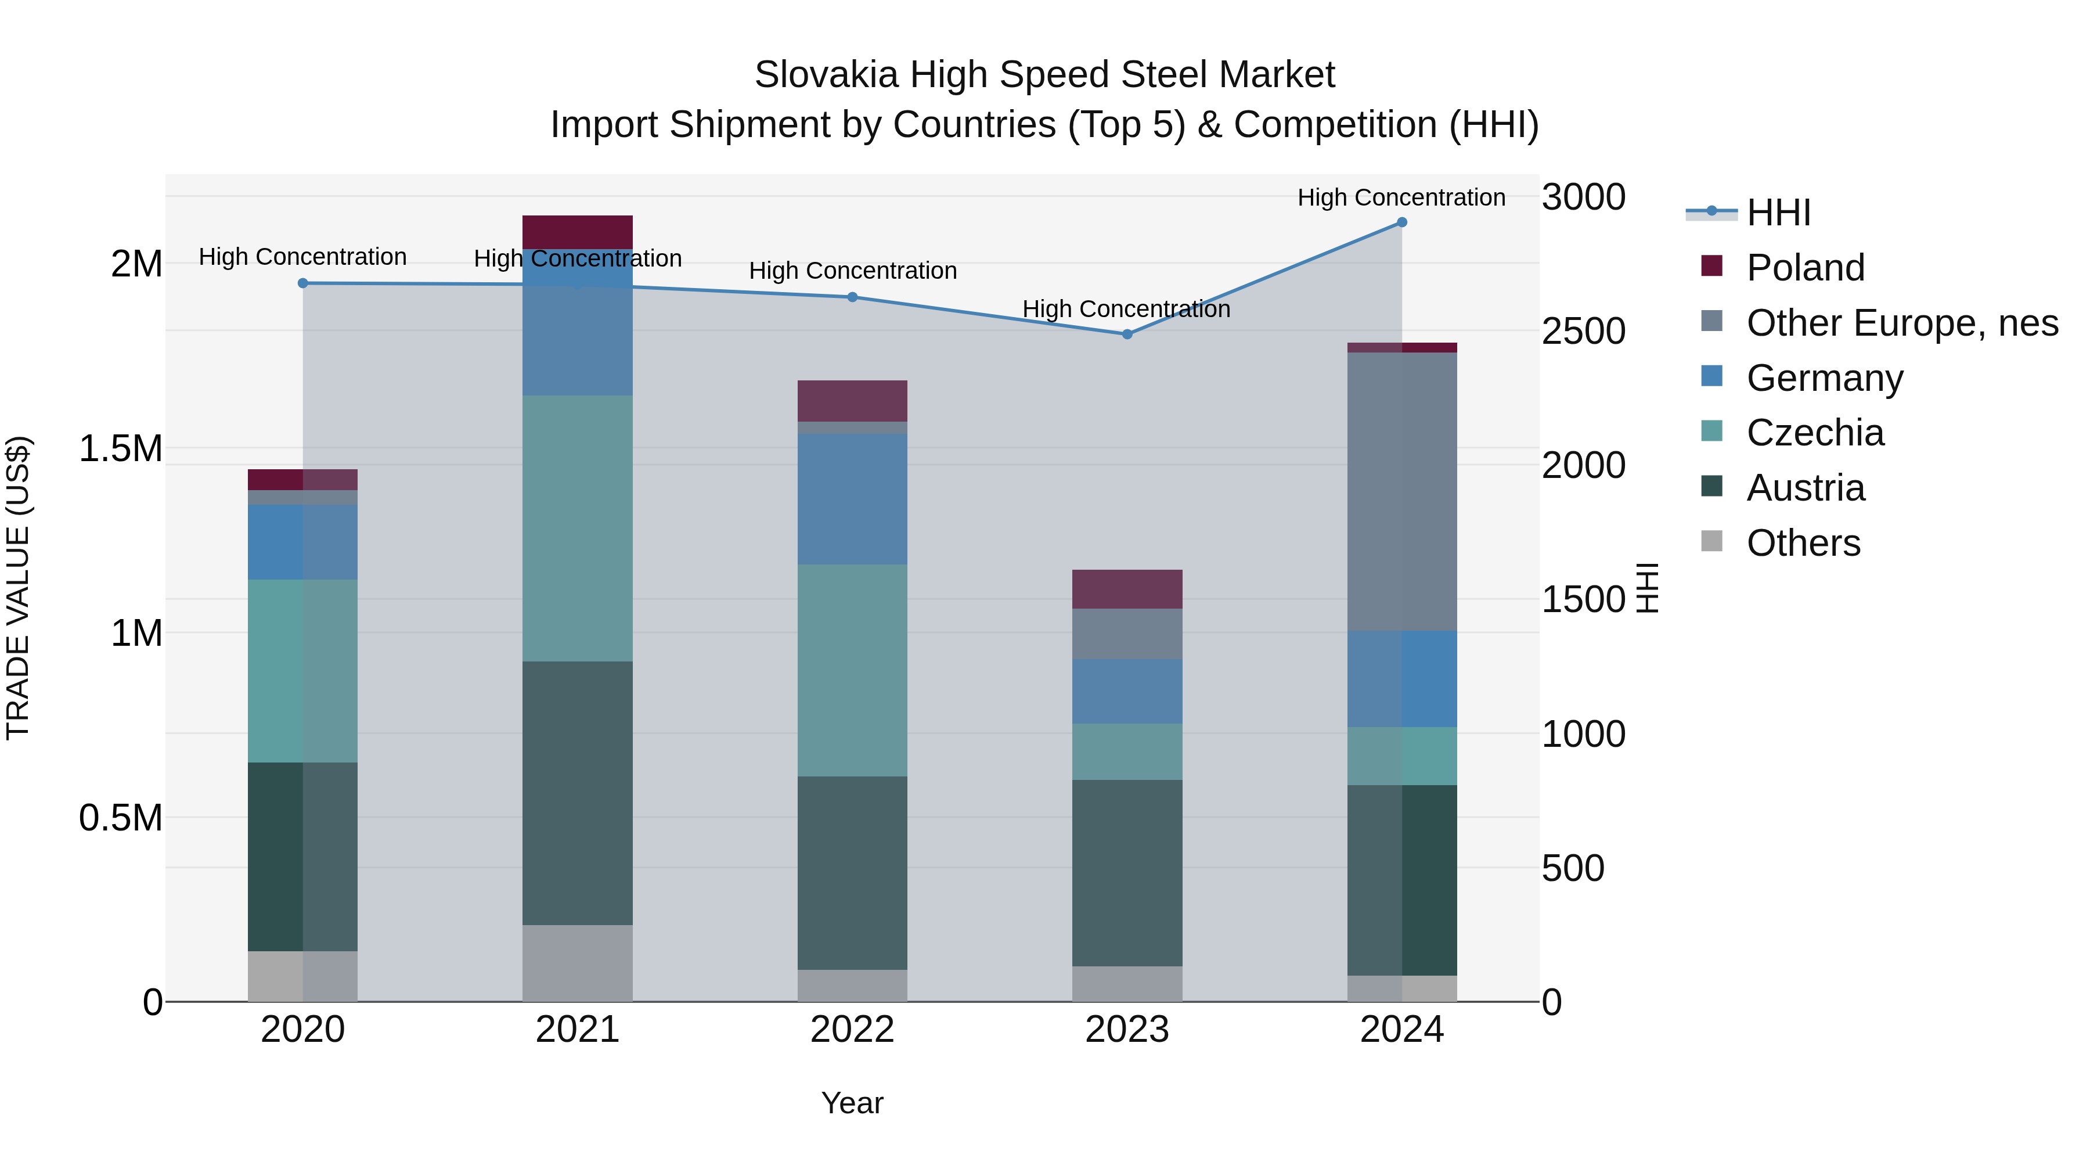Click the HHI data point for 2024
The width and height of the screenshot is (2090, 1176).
[1401, 222]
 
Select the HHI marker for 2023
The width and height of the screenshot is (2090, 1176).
[1127, 335]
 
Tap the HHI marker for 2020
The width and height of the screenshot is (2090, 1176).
[302, 283]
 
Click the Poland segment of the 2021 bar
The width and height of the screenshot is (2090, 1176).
[577, 232]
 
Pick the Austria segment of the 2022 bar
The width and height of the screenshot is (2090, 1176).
[852, 872]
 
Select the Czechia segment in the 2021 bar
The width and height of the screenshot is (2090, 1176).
[577, 528]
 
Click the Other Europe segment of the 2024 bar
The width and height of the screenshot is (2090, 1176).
[1401, 491]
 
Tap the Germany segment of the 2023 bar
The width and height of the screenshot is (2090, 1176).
[1127, 692]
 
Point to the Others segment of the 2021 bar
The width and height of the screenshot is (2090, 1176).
[577, 963]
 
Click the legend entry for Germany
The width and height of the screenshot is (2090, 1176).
[1824, 378]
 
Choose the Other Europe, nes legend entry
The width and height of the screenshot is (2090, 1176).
[1901, 323]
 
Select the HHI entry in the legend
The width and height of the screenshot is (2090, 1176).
[1777, 213]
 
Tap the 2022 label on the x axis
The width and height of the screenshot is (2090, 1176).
[852, 1030]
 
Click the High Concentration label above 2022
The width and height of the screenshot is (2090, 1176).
[852, 270]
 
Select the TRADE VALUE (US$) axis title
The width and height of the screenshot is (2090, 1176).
[18, 588]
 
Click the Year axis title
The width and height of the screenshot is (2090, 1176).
[852, 1103]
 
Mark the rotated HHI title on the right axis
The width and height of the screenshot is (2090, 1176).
[1647, 588]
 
